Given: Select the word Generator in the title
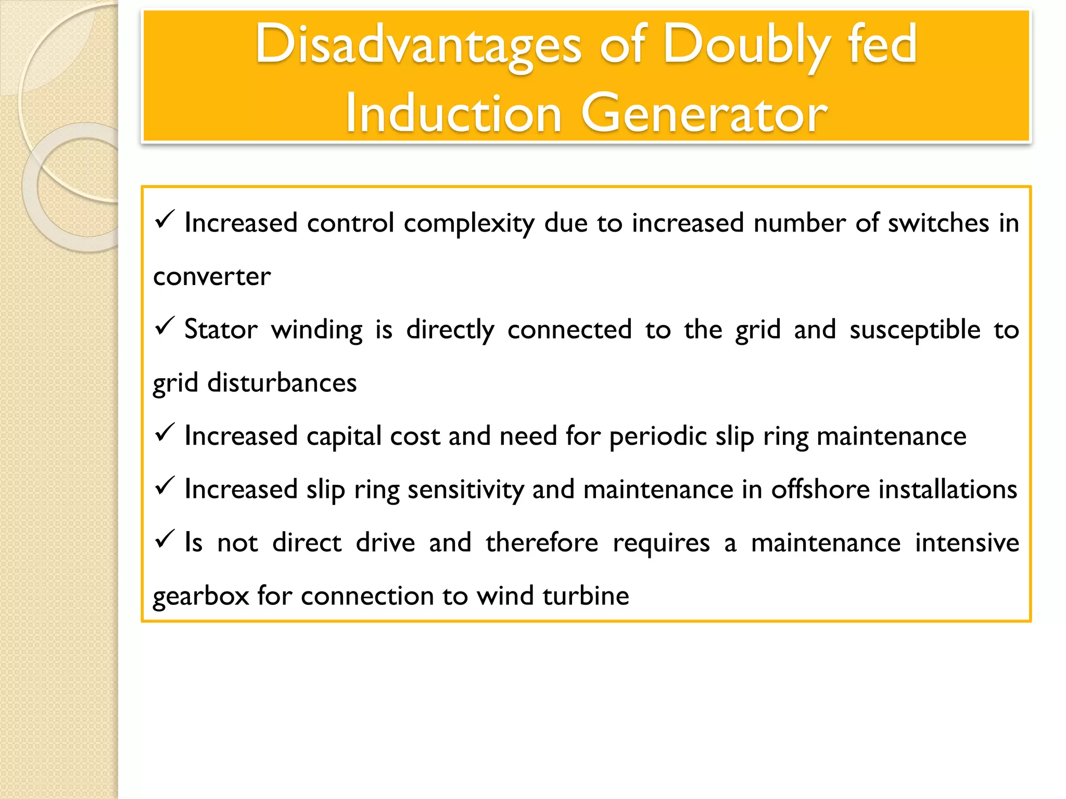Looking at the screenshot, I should (703, 114).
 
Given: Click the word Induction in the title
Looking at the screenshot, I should (453, 114).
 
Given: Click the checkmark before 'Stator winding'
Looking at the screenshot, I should (164, 327).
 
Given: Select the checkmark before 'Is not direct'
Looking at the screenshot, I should (164, 539).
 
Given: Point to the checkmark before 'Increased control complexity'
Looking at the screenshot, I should (164, 220).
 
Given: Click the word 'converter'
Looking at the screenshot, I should (212, 277).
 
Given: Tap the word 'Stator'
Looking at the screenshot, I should (221, 330).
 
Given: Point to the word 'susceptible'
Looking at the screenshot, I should (915, 330).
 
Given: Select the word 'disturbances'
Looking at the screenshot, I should (282, 383).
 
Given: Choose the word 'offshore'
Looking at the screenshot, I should (820, 489).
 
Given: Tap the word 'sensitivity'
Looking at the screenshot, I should (465, 489).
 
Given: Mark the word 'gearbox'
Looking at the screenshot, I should (201, 596).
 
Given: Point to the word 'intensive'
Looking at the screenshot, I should (967, 543).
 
